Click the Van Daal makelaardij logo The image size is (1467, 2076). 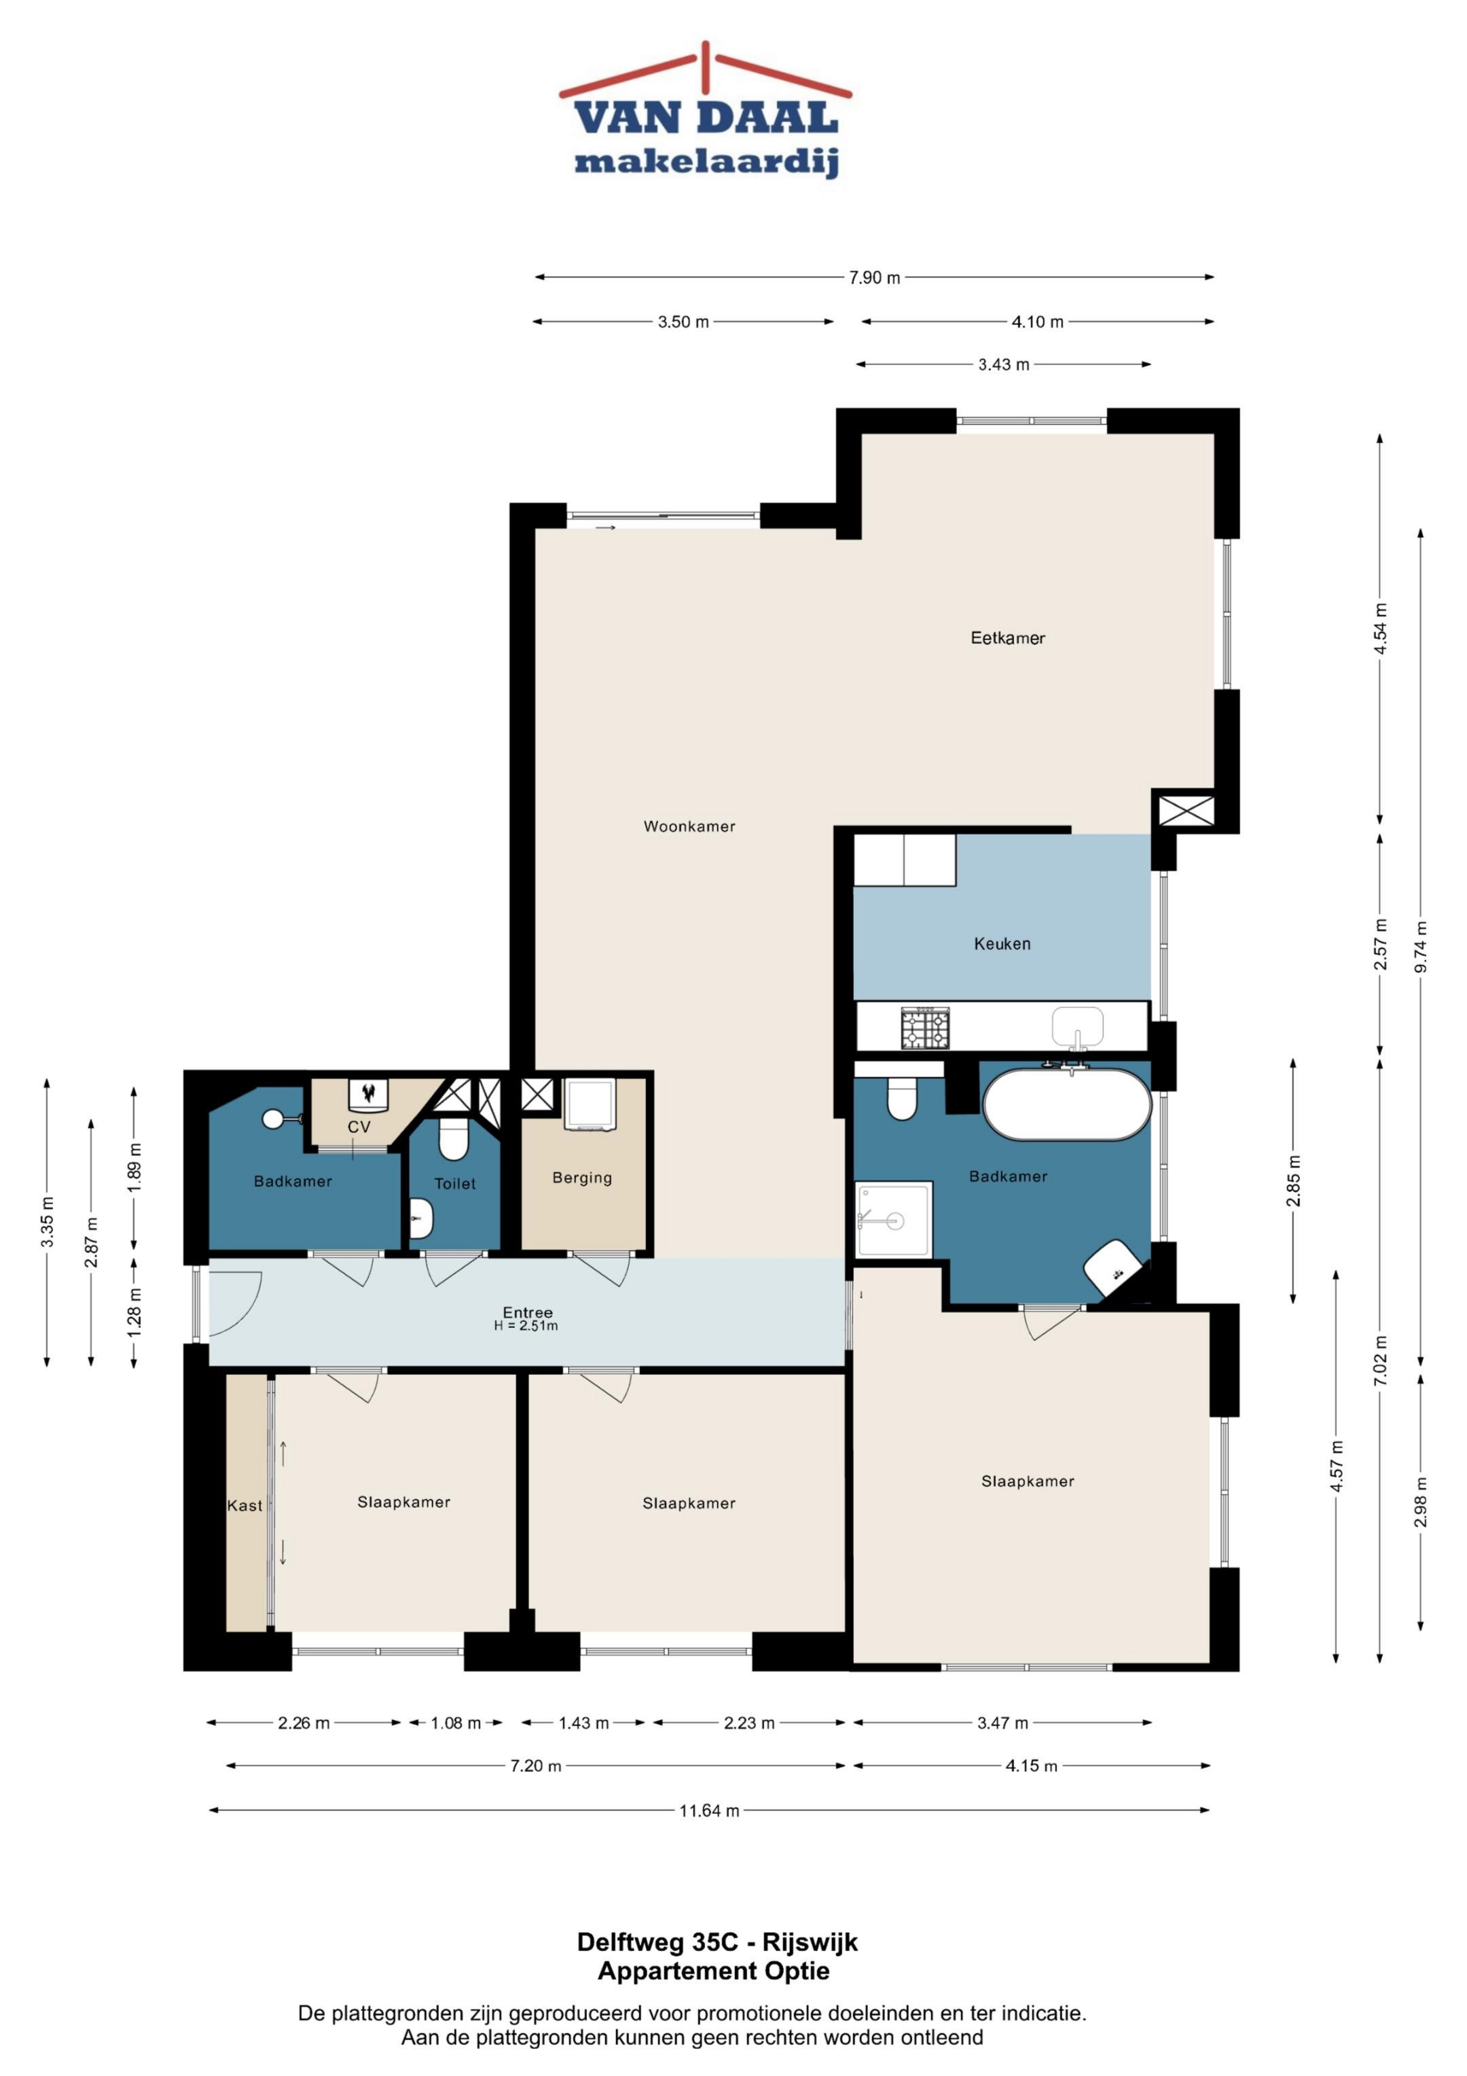click(x=706, y=109)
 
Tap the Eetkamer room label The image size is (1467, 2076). click(x=1008, y=638)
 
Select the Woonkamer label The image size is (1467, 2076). click(x=689, y=826)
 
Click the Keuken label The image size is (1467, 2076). click(x=1002, y=944)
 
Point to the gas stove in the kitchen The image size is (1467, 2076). click(x=926, y=1029)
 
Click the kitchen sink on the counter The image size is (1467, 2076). click(x=1077, y=1029)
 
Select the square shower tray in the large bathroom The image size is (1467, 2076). click(x=894, y=1220)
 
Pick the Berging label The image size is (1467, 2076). click(x=582, y=1178)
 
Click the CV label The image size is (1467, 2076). click(x=359, y=1127)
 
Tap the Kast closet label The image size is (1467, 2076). click(x=245, y=1505)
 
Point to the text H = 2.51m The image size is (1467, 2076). click(x=526, y=1326)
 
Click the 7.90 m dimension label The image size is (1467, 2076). click(x=874, y=277)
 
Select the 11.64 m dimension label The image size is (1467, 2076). click(x=710, y=1810)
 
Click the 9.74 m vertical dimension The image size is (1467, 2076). click(x=1421, y=947)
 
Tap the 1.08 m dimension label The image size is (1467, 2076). click(x=456, y=1723)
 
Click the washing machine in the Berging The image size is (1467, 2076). click(x=590, y=1104)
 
